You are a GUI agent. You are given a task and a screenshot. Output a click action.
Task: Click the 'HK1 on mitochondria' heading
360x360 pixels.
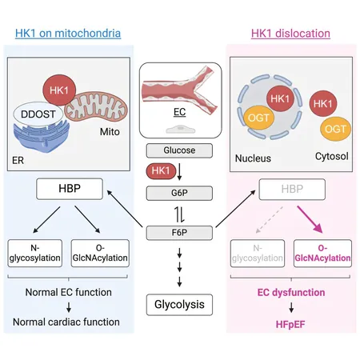(68, 34)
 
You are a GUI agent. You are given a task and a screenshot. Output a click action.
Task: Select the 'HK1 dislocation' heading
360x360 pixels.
(290, 34)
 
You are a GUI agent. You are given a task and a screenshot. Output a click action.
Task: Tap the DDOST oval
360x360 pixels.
(38, 114)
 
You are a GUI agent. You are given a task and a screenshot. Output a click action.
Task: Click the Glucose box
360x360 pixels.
(179, 150)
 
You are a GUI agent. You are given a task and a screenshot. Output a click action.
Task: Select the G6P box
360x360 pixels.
(179, 193)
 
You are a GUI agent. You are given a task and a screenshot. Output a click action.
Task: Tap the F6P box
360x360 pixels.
(179, 233)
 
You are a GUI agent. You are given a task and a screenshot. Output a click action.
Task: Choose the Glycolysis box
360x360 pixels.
(179, 305)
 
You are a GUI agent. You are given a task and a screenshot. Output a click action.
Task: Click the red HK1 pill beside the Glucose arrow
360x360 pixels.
(161, 170)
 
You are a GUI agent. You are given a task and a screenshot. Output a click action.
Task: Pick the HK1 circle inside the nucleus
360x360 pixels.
(280, 99)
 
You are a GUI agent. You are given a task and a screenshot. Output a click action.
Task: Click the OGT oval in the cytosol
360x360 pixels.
(335, 129)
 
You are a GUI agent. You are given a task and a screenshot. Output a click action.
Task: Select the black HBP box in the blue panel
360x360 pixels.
(70, 189)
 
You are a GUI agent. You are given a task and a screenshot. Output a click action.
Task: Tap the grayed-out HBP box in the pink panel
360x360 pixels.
(292, 190)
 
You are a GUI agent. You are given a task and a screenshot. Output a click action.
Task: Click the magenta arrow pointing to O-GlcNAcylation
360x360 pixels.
(310, 219)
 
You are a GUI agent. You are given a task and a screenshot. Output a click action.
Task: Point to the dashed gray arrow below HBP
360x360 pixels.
(270, 219)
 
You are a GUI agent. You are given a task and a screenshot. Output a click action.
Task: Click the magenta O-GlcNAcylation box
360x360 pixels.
(322, 254)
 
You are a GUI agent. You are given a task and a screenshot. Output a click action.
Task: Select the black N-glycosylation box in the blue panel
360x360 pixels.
(35, 253)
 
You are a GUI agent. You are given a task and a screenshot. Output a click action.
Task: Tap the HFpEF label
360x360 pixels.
(290, 325)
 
